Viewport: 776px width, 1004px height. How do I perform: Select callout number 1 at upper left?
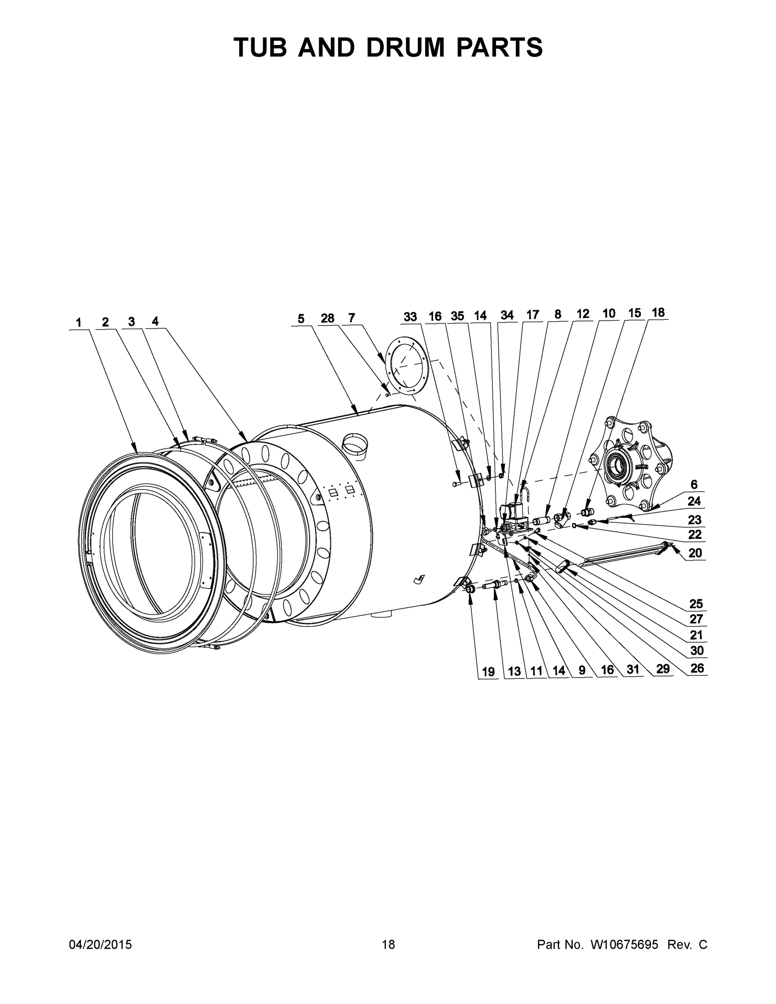[79, 323]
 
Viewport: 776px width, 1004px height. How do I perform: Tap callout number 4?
[155, 321]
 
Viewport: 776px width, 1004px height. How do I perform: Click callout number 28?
[327, 318]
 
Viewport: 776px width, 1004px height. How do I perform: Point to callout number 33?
[410, 317]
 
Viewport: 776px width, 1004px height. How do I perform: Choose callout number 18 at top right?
[658, 312]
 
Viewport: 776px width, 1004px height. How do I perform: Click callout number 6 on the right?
[694, 484]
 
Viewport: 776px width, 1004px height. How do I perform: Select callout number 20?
[695, 553]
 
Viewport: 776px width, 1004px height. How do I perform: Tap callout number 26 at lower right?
[697, 668]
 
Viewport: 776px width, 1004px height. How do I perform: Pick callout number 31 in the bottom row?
[633, 670]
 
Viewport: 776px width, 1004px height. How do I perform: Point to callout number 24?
[694, 501]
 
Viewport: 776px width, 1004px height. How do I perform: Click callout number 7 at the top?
[352, 318]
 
